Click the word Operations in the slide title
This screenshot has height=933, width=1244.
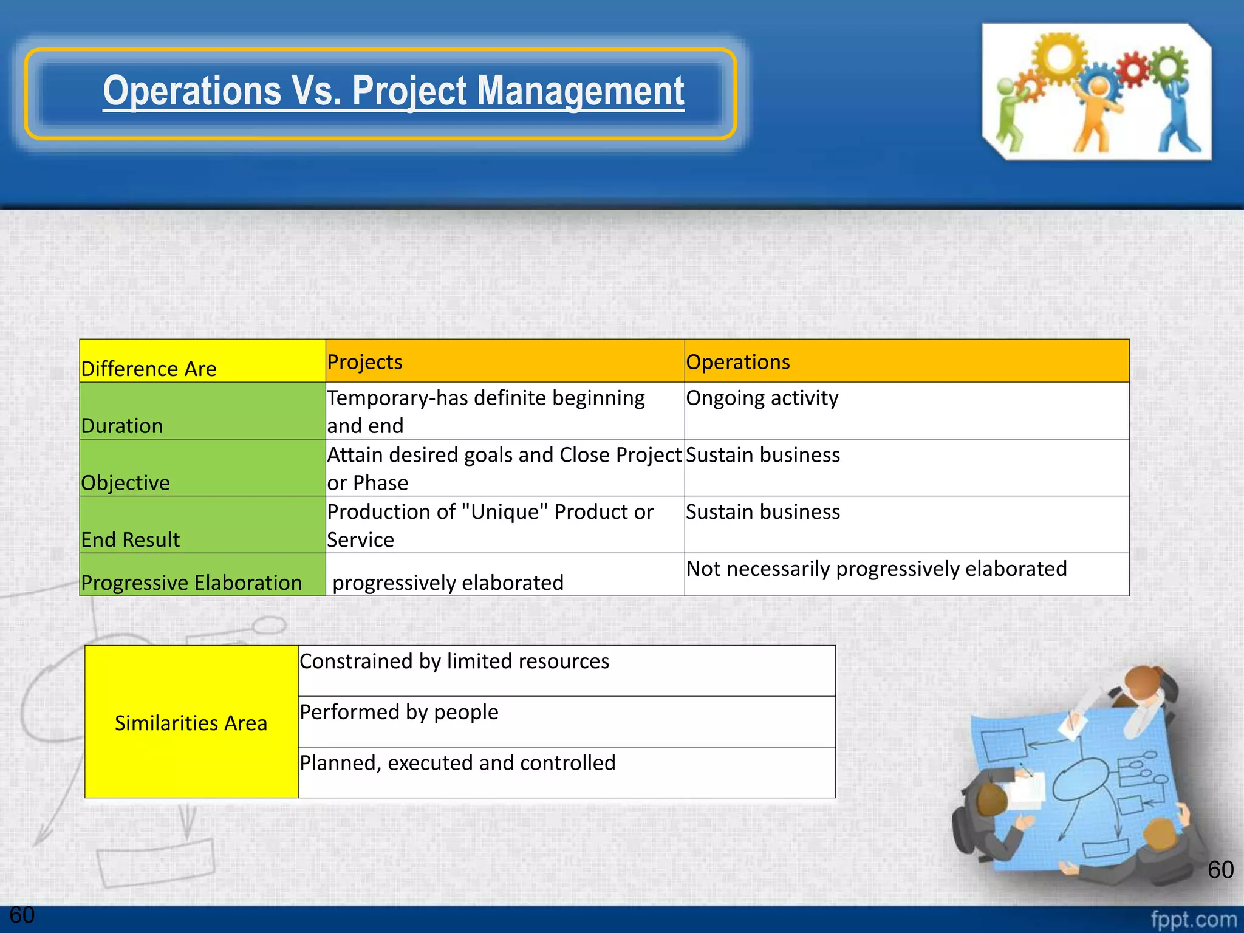(x=191, y=91)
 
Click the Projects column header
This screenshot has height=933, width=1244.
(x=364, y=362)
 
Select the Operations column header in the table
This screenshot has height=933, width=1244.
(x=737, y=362)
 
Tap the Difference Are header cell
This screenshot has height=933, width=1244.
(x=149, y=368)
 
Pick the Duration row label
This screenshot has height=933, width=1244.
(x=122, y=425)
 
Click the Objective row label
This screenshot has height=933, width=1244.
(x=126, y=482)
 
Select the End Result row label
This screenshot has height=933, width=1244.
(x=131, y=539)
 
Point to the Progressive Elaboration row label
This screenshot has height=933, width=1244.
(x=191, y=583)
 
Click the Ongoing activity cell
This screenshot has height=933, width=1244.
(x=762, y=398)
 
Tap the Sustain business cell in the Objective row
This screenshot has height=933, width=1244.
(x=763, y=455)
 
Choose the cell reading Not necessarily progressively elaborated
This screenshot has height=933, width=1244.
(x=876, y=569)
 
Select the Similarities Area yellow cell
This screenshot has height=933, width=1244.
(x=191, y=722)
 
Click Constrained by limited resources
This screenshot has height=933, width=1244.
(x=454, y=661)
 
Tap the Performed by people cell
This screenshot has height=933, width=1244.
(x=399, y=712)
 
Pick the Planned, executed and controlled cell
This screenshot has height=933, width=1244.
(x=457, y=763)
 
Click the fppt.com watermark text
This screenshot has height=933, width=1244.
(x=1193, y=919)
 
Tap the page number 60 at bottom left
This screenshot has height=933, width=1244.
(x=22, y=915)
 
